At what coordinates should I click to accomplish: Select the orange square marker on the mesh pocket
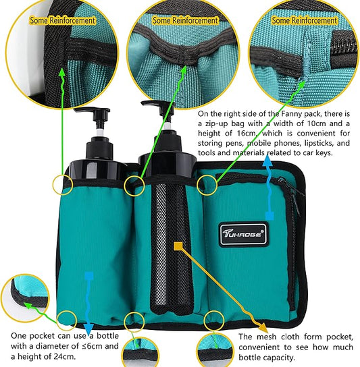(x=178, y=246)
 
